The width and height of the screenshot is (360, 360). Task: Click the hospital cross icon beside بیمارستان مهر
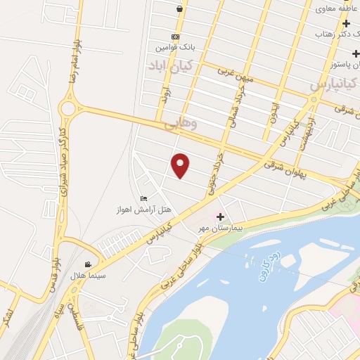coord(221,217)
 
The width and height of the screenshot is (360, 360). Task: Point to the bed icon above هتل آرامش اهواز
coord(144,198)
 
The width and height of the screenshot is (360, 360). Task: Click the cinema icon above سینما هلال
coord(87,264)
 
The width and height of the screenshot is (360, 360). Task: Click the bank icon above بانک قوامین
coord(175,37)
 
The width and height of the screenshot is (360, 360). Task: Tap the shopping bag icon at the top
coord(181,8)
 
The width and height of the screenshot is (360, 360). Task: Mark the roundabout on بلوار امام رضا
coord(68,108)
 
